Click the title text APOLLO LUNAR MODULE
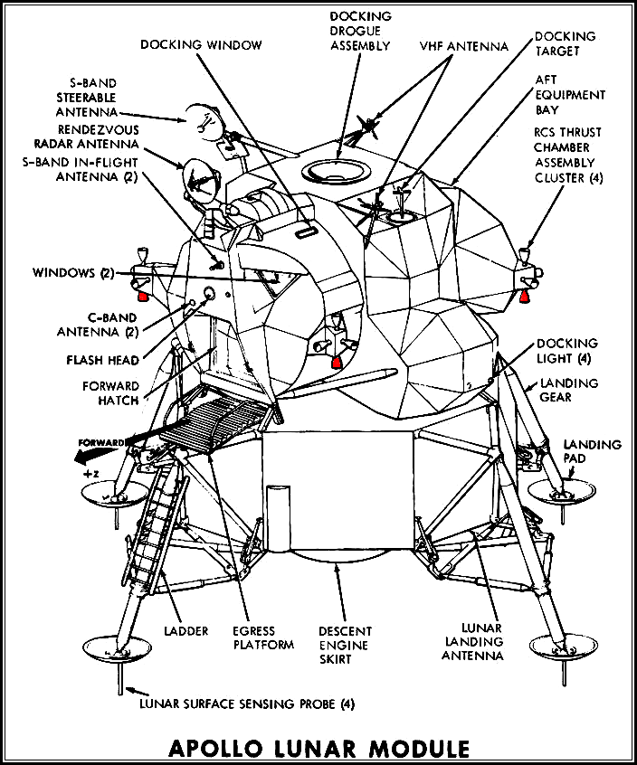click(318, 748)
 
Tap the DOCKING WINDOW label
click(202, 44)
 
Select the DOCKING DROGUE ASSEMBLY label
click(360, 31)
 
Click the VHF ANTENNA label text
click(464, 44)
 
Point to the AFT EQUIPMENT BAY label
click(570, 95)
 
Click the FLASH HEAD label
click(101, 360)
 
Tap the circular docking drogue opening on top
click(333, 168)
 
